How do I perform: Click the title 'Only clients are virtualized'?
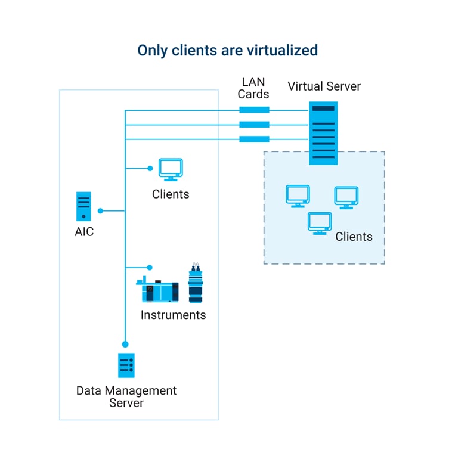(x=227, y=50)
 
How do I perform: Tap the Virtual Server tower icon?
(x=323, y=133)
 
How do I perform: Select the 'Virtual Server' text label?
(x=324, y=86)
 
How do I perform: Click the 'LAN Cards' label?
(x=253, y=88)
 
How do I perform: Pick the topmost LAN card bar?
(x=254, y=110)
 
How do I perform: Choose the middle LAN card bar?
(x=254, y=125)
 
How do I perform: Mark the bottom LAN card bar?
(x=254, y=139)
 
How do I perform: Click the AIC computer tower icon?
(x=83, y=206)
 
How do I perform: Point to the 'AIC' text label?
(x=84, y=232)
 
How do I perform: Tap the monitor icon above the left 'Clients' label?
(x=171, y=169)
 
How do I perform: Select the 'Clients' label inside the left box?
(x=171, y=194)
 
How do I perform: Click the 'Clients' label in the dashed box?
(x=354, y=237)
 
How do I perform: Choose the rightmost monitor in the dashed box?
(x=346, y=197)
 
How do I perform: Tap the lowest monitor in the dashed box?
(x=320, y=223)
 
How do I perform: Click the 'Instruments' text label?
(x=173, y=315)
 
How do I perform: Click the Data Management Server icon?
(x=126, y=365)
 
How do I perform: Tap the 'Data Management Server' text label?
(x=126, y=396)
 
